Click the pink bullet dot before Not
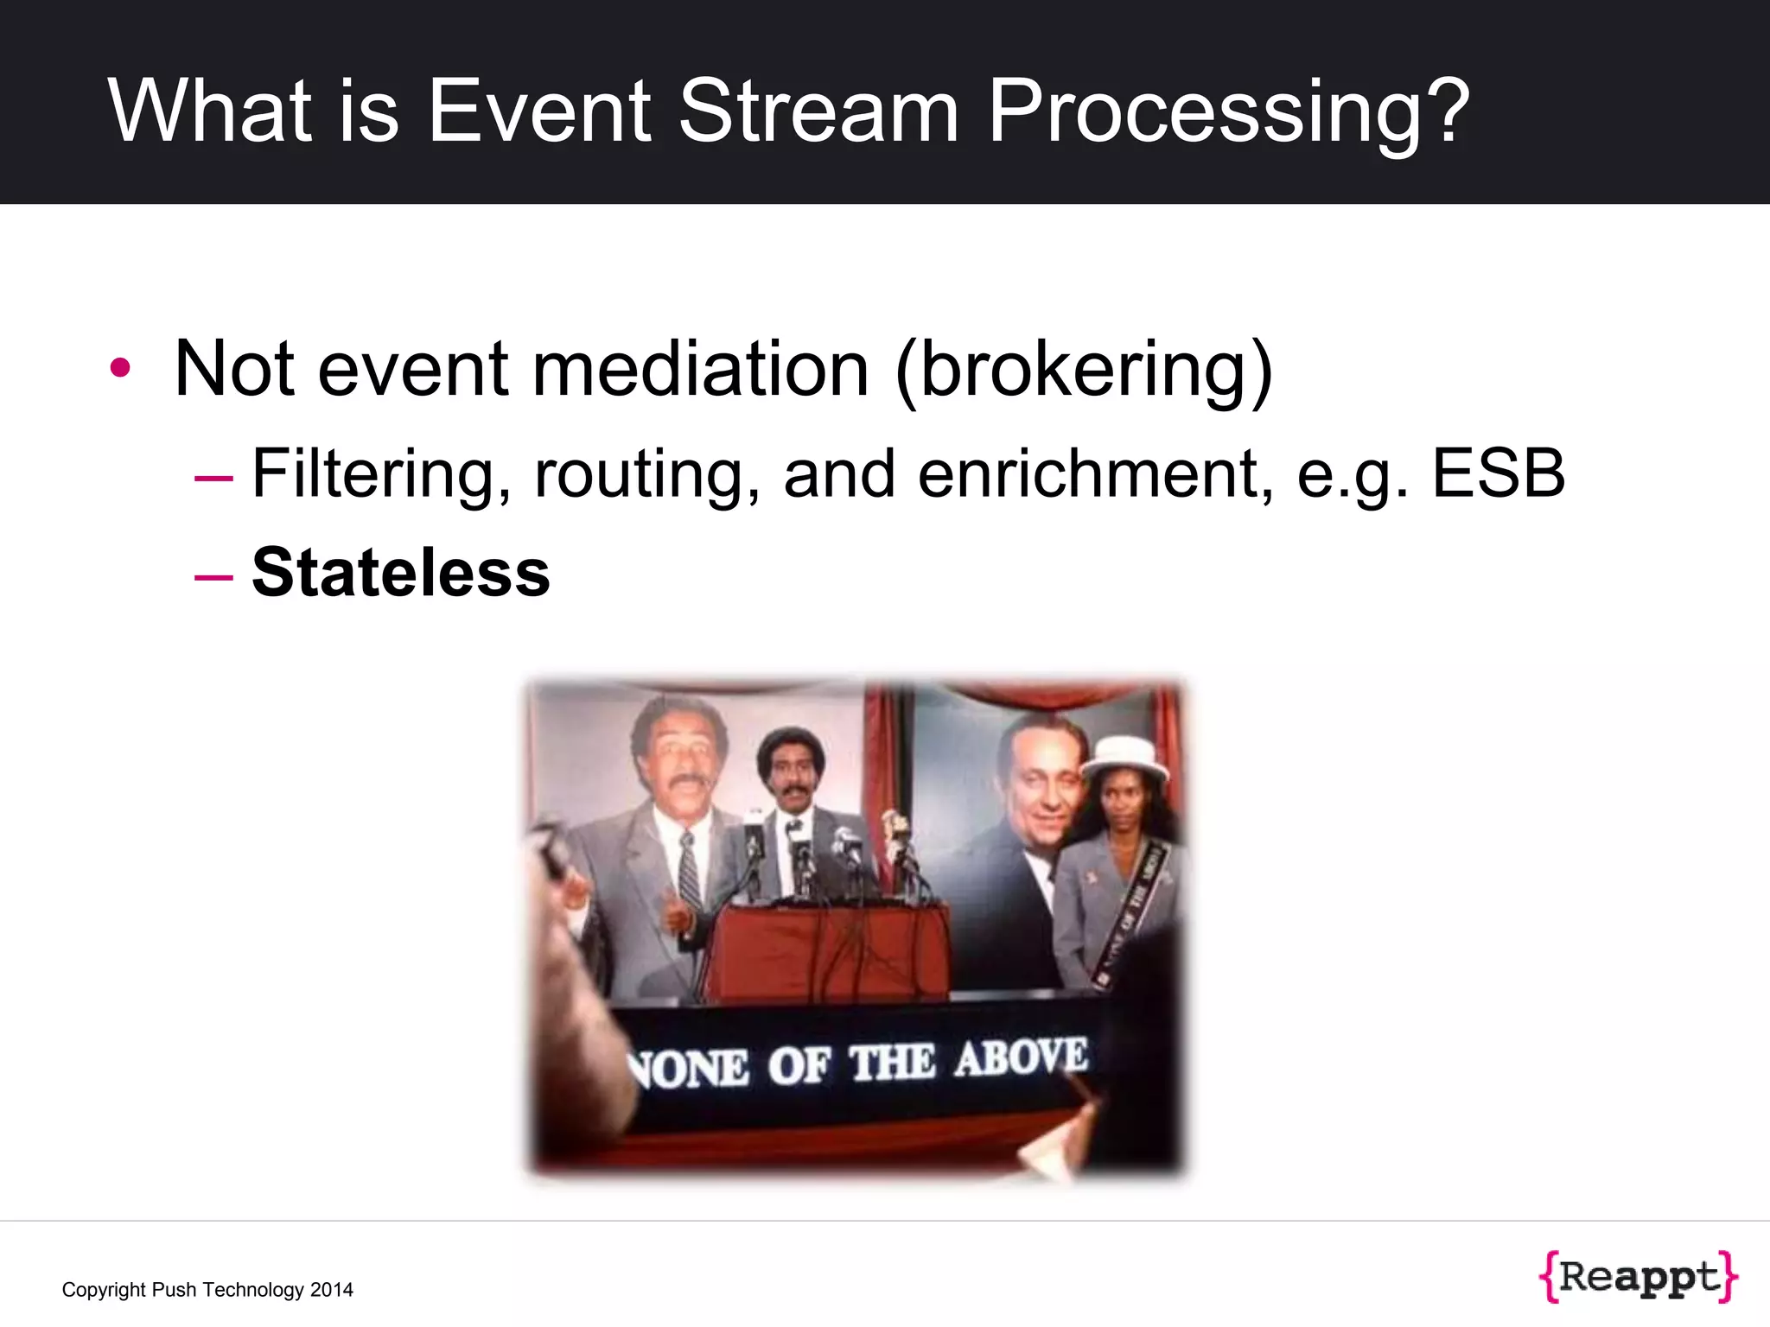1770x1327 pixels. tap(120, 369)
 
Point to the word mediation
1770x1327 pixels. tap(700, 369)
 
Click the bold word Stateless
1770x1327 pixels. tap(400, 573)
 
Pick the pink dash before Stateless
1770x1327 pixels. tap(213, 575)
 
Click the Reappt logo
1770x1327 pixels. tap(1638, 1276)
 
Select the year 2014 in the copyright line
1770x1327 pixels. tap(332, 1290)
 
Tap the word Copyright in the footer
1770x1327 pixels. tap(104, 1290)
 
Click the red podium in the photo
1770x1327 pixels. tap(830, 950)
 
